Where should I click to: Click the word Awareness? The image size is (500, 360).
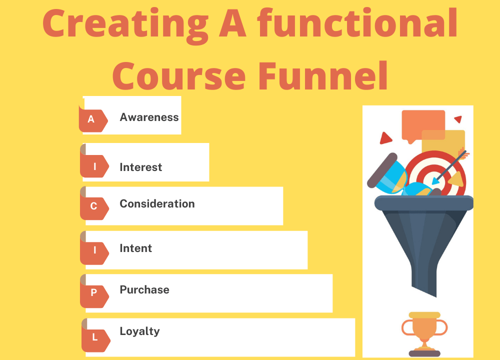coord(149,117)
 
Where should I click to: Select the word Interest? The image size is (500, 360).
coord(141,167)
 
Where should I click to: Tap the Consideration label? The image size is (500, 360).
coord(157,204)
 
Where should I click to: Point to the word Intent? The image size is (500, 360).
coord(136,248)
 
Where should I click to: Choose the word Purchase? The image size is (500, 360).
coord(144,290)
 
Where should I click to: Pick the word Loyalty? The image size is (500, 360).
coord(139,331)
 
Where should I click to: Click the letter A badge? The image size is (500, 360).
coord(91,119)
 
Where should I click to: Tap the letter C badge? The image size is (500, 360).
coord(93,206)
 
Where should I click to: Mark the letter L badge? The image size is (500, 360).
coord(94,337)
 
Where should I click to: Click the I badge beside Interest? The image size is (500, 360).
coord(94,166)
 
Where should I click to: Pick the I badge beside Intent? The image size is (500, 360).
coord(94,250)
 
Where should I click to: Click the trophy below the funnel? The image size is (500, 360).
coord(424,332)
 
